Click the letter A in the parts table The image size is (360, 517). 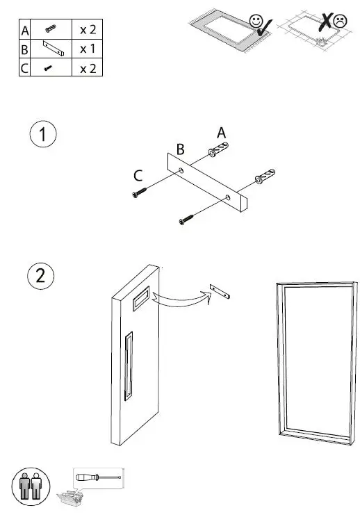pyautogui.click(x=26, y=31)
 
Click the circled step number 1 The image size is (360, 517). pyautogui.click(x=44, y=136)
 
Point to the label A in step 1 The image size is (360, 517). pyautogui.click(x=222, y=132)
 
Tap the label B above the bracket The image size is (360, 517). pyautogui.click(x=180, y=149)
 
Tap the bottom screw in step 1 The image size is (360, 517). pyautogui.click(x=186, y=220)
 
